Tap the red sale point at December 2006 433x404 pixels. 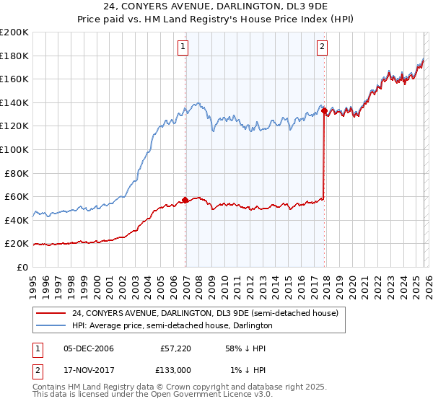[x=185, y=200]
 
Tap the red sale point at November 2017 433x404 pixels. [x=325, y=111]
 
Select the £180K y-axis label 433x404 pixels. [x=14, y=56]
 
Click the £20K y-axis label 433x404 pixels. [x=17, y=244]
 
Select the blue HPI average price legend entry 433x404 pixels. [x=172, y=326]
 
